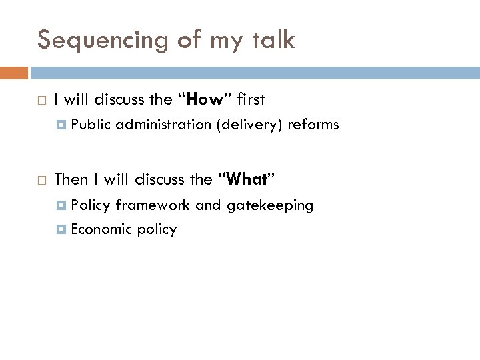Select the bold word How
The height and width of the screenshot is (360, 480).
[x=205, y=100]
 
